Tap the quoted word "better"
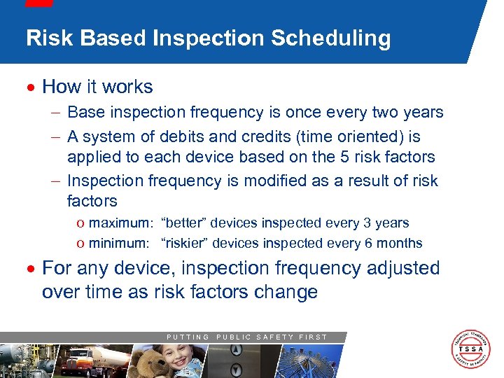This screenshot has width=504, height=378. point(184,223)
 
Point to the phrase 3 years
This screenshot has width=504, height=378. point(385,223)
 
